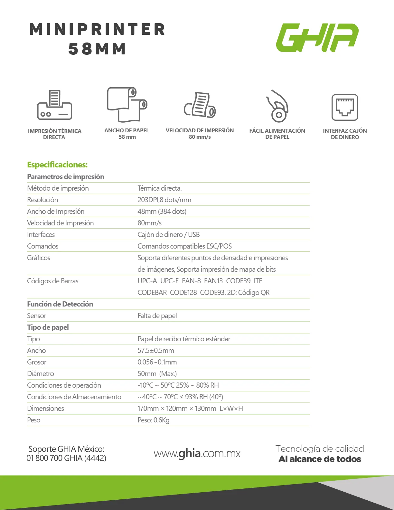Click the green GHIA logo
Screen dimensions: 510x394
tap(317, 37)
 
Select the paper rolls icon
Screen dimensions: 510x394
tap(127, 105)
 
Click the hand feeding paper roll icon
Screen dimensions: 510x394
tap(277, 106)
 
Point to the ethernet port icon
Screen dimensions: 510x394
tap(345, 107)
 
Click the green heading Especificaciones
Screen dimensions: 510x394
tap(57, 165)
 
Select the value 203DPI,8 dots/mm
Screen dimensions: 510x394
tap(164, 200)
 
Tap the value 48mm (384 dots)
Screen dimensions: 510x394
tap(162, 212)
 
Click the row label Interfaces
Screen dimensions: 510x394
tap(41, 235)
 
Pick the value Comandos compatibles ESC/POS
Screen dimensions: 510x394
tap(184, 246)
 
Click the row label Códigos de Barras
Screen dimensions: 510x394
tap(52, 281)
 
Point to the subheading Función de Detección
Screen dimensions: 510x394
tap(60, 304)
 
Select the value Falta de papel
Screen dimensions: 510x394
tap(157, 316)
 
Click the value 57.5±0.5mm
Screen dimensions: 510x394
tap(156, 351)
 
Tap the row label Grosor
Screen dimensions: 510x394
tap(37, 362)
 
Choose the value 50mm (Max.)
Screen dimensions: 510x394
tap(157, 374)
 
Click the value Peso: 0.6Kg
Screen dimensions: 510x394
tap(153, 420)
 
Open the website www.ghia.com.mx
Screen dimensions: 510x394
tap(197, 453)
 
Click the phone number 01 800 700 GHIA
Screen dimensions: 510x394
tap(66, 458)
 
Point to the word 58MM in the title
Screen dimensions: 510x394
tap(97, 49)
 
